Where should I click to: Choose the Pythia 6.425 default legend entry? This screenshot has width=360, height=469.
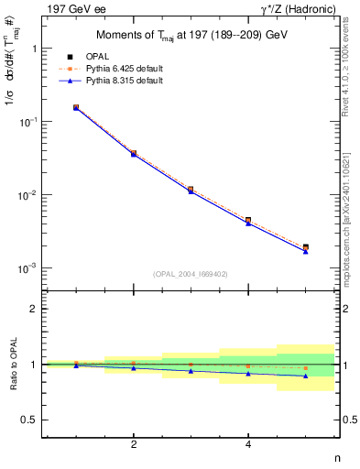click(x=123, y=69)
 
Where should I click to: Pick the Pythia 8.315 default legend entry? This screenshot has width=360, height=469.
click(x=123, y=81)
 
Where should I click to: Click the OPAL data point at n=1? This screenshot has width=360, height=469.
click(x=76, y=107)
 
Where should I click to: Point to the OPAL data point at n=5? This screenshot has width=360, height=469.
click(x=305, y=247)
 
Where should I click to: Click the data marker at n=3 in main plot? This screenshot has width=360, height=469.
click(x=191, y=190)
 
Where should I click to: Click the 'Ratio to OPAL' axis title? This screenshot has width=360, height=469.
click(x=13, y=364)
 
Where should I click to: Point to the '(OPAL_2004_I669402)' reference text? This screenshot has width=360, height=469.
click(x=191, y=273)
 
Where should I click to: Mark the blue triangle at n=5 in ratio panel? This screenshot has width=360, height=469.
click(x=305, y=376)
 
